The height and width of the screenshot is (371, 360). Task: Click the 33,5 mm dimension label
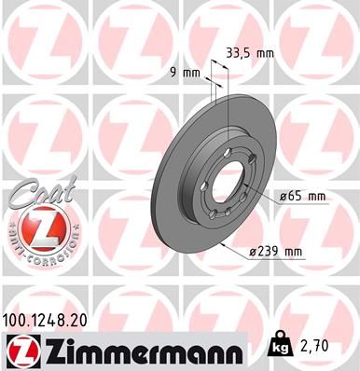(250, 53)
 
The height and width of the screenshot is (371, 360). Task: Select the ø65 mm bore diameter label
(301, 196)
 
